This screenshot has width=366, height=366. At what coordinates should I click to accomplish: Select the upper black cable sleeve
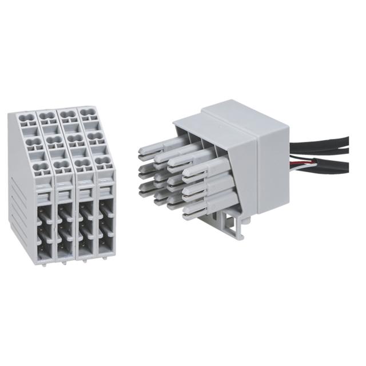click(x=320, y=141)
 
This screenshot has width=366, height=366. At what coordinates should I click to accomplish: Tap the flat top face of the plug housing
click(x=229, y=112)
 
